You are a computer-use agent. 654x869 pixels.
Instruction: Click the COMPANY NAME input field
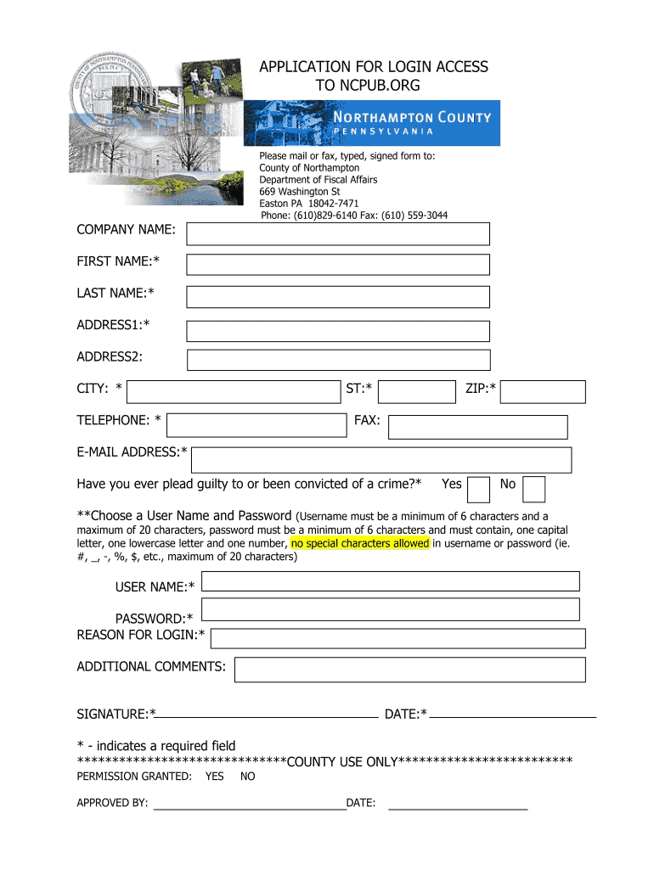pos(338,233)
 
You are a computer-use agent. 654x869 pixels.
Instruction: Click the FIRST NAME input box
pos(338,265)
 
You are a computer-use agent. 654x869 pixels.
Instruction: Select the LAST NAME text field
pos(338,296)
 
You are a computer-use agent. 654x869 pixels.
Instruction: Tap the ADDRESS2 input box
pos(338,360)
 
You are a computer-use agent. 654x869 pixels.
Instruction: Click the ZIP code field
pos(548,391)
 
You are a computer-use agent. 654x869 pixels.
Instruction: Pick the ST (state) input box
pos(416,391)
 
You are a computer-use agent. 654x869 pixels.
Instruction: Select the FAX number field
pos(478,427)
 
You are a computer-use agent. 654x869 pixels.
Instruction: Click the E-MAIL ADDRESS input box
pos(381,460)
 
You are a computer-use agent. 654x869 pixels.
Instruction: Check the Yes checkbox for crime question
pos(479,489)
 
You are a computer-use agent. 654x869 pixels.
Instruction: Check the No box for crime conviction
pos(534,489)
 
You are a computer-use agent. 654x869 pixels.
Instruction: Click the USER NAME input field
pos(391,581)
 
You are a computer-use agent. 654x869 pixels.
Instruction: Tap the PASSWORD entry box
pos(391,609)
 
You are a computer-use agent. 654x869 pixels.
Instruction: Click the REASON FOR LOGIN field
pos(397,638)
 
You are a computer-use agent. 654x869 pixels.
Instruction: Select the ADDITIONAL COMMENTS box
pos(410,670)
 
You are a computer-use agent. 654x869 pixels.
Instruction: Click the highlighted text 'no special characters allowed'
pos(360,543)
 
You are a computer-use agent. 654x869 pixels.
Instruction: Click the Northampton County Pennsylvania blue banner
pos(372,122)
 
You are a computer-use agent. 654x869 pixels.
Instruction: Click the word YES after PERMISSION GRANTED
pos(215,776)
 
